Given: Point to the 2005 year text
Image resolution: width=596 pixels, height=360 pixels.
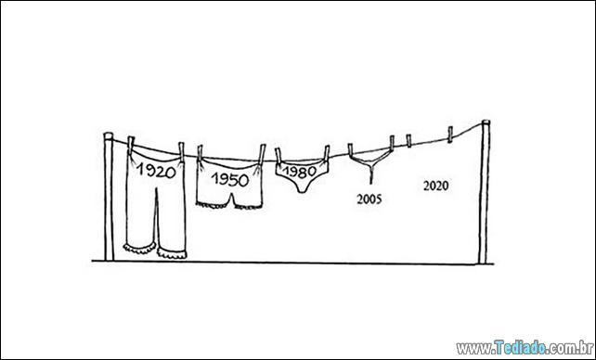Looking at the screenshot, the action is (x=369, y=199).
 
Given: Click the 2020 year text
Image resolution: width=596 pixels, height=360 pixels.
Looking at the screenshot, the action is (x=436, y=186).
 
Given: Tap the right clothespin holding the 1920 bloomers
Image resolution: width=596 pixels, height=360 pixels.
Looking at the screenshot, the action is (x=181, y=152).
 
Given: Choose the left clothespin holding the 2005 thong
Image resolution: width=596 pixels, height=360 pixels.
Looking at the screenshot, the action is (x=350, y=150).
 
